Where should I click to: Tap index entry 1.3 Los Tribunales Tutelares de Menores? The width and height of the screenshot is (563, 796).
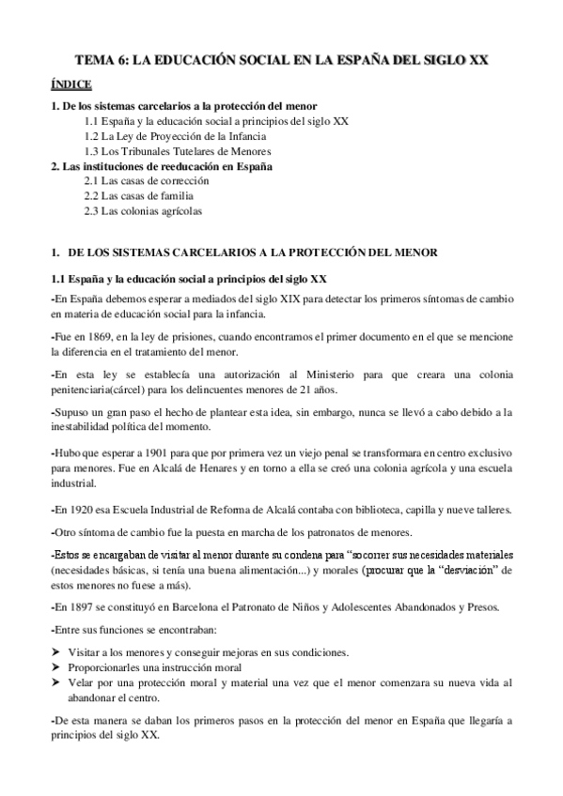click(177, 151)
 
